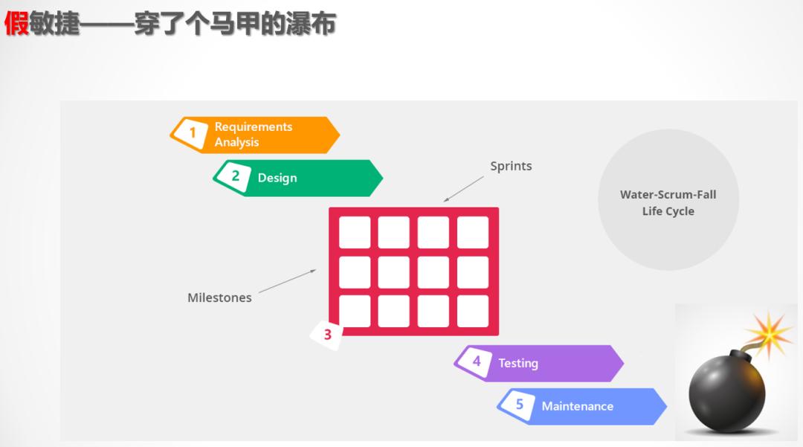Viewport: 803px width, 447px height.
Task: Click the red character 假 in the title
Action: (x=16, y=24)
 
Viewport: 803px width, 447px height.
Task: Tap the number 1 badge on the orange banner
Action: (x=193, y=133)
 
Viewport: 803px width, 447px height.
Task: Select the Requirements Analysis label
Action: (x=253, y=135)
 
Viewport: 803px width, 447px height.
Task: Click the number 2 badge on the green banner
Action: (x=236, y=176)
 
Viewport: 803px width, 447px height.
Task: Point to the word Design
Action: (x=277, y=179)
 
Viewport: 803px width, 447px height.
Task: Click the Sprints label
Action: (x=511, y=166)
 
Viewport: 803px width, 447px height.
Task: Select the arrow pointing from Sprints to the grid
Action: (x=464, y=188)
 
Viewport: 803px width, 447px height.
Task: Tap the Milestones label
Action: (x=219, y=298)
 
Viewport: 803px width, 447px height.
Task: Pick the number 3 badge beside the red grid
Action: (x=327, y=335)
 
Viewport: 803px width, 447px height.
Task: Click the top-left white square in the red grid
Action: (x=355, y=232)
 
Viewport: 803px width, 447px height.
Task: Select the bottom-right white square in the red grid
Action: (x=473, y=311)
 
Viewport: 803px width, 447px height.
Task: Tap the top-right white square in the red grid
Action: (x=473, y=232)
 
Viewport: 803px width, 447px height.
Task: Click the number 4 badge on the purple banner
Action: (x=477, y=361)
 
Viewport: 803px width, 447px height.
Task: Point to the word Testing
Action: (x=518, y=364)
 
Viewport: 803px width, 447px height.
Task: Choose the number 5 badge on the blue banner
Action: (x=520, y=405)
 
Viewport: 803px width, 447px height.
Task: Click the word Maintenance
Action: (x=578, y=407)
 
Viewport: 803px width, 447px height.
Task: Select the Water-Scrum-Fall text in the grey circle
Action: (x=668, y=195)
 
